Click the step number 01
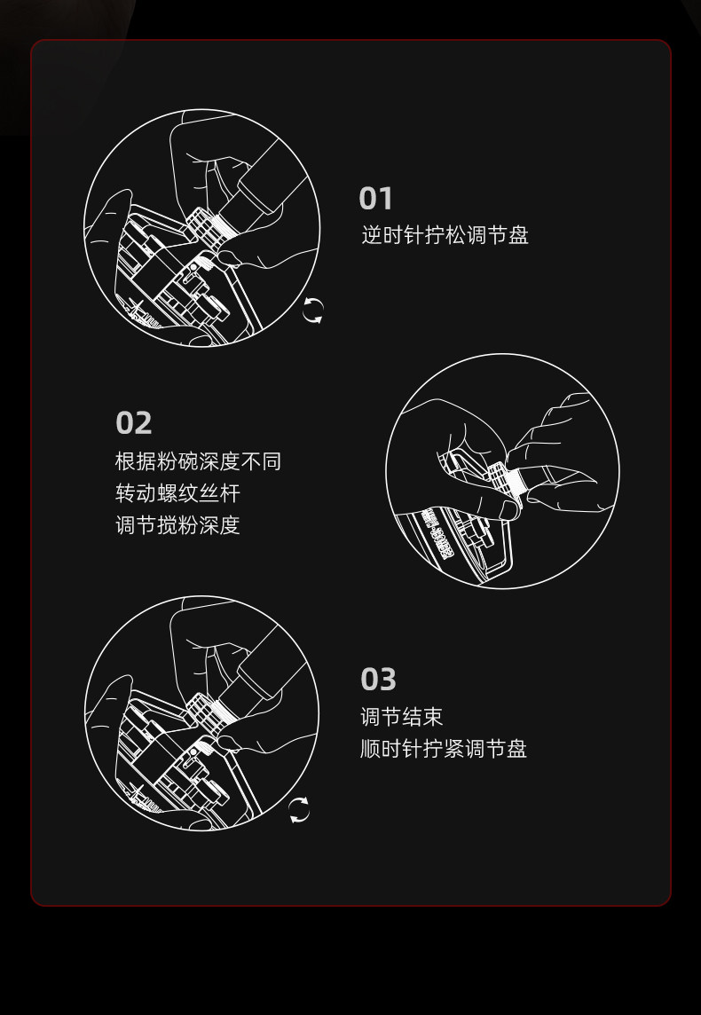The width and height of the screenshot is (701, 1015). tap(375, 199)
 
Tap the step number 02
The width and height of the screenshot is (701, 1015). tap(134, 423)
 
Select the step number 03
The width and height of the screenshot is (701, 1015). tap(378, 680)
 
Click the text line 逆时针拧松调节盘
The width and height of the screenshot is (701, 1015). tap(445, 235)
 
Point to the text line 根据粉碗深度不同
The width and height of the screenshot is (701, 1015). tap(198, 461)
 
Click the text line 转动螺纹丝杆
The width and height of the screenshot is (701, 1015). tap(177, 493)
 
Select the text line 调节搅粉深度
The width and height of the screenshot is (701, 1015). tap(177, 525)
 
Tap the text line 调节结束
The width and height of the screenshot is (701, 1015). tap(402, 717)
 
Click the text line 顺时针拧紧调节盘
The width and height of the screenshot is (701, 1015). tap(444, 749)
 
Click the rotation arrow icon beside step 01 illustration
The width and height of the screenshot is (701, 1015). tap(313, 311)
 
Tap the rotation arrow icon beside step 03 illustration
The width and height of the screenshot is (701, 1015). tap(300, 810)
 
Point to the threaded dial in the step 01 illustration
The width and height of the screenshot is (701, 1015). tap(206, 227)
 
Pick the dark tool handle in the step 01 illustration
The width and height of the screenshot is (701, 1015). tap(266, 188)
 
